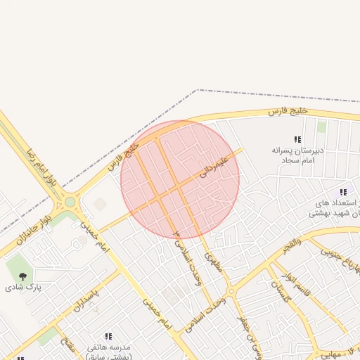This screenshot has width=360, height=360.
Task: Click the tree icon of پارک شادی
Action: click(22, 276)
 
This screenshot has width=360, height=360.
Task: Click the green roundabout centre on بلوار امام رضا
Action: click(70, 202)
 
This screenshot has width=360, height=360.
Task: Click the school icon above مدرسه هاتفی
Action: click(108, 337)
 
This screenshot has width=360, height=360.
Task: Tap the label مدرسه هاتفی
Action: click(108, 347)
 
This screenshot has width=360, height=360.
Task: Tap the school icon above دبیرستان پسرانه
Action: click(297, 139)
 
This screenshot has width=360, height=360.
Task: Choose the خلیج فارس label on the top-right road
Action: click(289, 111)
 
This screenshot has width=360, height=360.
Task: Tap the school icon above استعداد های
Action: click(343, 192)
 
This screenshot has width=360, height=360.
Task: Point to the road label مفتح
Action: click(68, 345)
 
